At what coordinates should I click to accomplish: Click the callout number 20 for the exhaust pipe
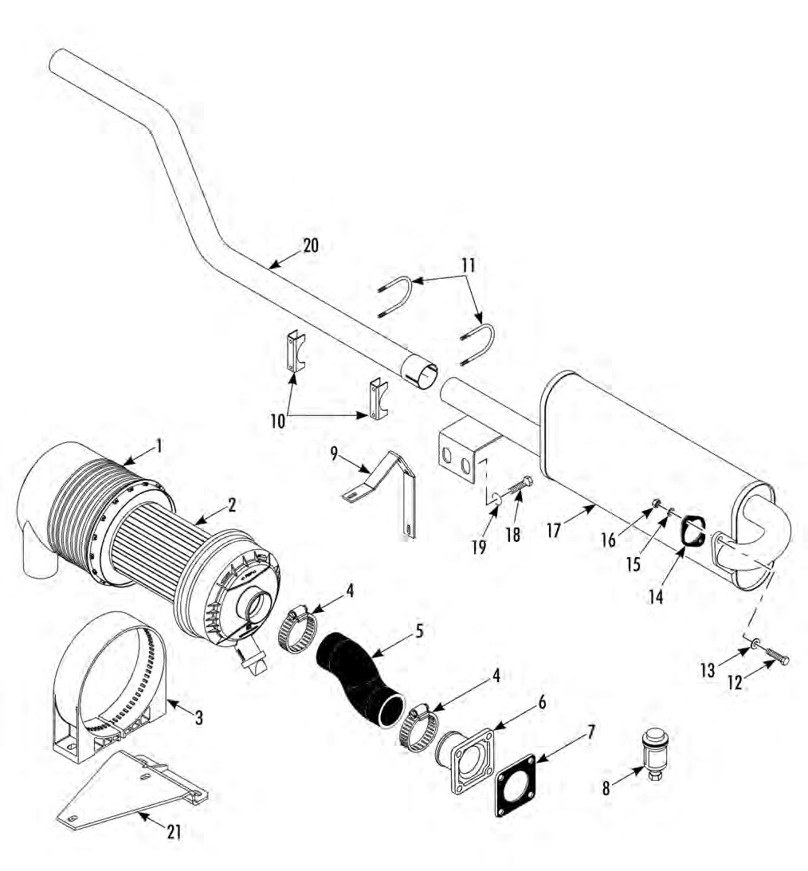pyautogui.click(x=311, y=245)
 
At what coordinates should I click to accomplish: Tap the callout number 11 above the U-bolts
pyautogui.click(x=469, y=265)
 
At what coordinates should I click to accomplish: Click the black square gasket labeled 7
pyautogui.click(x=516, y=786)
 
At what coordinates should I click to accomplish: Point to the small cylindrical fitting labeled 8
pyautogui.click(x=655, y=754)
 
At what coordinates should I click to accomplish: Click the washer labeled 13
pyautogui.click(x=755, y=645)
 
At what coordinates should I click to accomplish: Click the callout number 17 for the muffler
pyautogui.click(x=554, y=531)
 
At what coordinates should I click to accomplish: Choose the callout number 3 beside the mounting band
pyautogui.click(x=198, y=718)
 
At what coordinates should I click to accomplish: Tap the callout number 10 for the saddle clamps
pyautogui.click(x=277, y=421)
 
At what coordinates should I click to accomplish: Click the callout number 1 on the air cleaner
pyautogui.click(x=159, y=445)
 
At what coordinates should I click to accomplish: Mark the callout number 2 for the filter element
pyautogui.click(x=232, y=504)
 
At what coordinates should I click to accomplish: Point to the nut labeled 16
pyautogui.click(x=656, y=503)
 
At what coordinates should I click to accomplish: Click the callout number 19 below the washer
pyautogui.click(x=479, y=547)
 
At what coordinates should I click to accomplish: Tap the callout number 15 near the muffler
pyautogui.click(x=633, y=564)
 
